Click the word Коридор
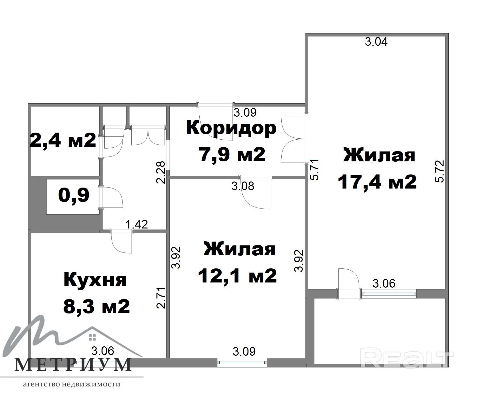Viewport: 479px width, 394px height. point(231,129)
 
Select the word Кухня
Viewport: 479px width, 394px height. point(95,280)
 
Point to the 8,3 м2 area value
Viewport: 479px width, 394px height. point(96,306)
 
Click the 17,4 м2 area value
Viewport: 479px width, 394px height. point(377,182)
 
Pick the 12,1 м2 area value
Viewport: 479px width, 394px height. point(237,275)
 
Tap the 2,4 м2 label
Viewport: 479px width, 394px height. point(63,140)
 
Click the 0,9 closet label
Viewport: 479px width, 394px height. point(73,195)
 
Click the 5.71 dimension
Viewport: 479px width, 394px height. point(315,170)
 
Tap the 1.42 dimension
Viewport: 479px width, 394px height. point(137,224)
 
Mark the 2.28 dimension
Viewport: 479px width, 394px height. point(161,173)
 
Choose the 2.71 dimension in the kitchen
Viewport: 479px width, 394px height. point(161,298)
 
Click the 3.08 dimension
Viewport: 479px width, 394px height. point(243,186)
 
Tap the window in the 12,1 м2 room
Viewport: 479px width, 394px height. point(242,363)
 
